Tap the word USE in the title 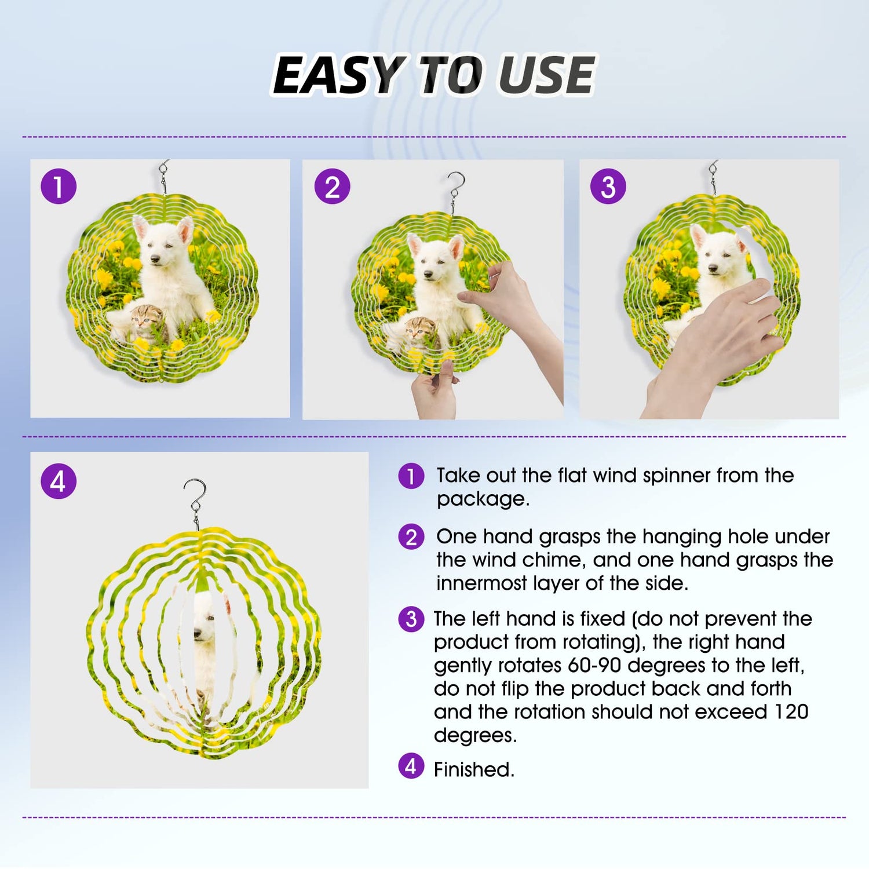tap(547, 75)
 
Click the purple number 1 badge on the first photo tap(59, 187)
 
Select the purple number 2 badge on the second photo tap(332, 187)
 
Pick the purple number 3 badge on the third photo tap(608, 187)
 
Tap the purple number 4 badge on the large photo tap(59, 481)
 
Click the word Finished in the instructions tap(474, 770)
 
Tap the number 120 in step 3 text tap(791, 711)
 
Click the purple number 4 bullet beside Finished tap(411, 766)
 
